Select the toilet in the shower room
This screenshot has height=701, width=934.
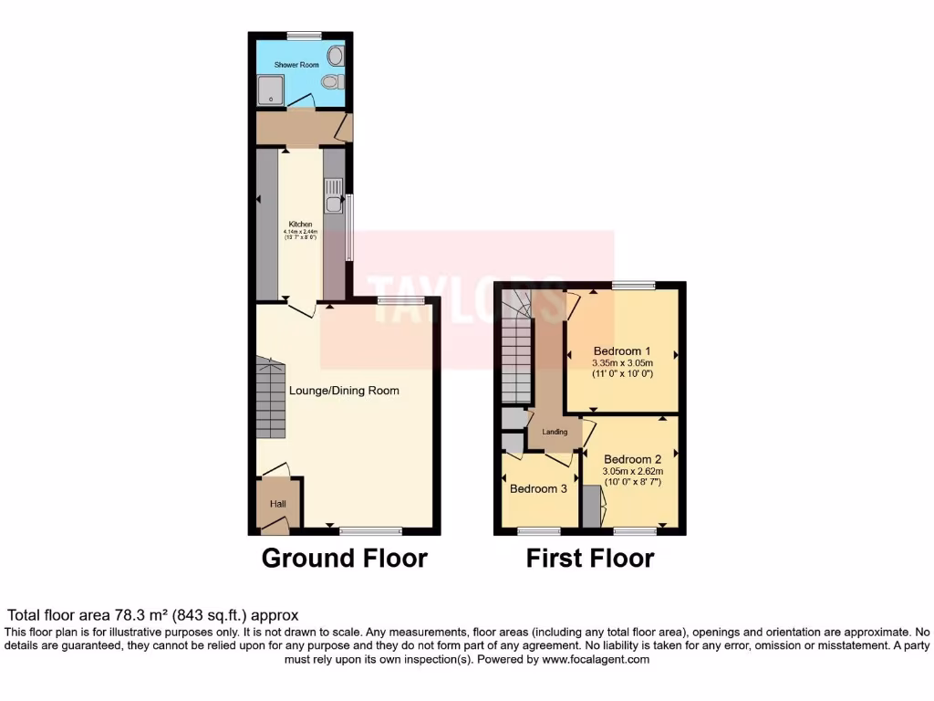point(331,82)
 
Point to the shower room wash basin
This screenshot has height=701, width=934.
point(337,56)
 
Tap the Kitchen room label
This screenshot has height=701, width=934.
point(301,225)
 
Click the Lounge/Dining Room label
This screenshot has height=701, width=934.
point(344,391)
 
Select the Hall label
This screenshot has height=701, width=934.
point(277,504)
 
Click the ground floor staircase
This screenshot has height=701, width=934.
point(270,398)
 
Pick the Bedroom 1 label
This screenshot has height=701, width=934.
point(622,351)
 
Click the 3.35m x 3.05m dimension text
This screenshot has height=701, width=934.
point(622,363)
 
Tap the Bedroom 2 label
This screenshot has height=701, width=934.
point(632,459)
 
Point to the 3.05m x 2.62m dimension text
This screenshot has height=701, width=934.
point(632,471)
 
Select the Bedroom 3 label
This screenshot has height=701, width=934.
point(538,489)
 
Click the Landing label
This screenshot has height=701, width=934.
point(555,432)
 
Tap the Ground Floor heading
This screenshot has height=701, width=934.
point(344,558)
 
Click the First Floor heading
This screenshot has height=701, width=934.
point(590,558)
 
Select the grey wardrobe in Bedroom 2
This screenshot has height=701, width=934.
point(591,507)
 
